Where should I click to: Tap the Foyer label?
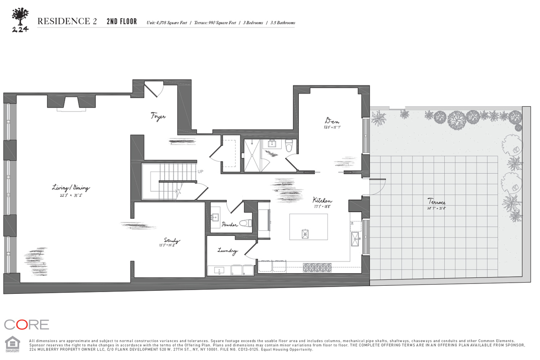[158, 117]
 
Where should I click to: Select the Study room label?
[172, 241]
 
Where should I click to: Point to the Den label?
[332, 121]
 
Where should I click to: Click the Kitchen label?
[323, 200]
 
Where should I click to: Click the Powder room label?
[229, 225]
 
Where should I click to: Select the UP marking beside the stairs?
[201, 171]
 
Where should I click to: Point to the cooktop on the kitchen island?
[306, 233]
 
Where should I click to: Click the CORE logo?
[27, 324]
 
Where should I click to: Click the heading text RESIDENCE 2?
[67, 22]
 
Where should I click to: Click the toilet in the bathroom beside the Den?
[289, 145]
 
